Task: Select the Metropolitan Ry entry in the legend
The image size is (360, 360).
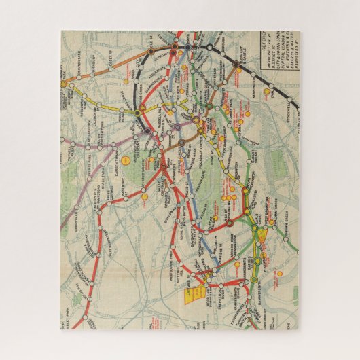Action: point(274,46)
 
